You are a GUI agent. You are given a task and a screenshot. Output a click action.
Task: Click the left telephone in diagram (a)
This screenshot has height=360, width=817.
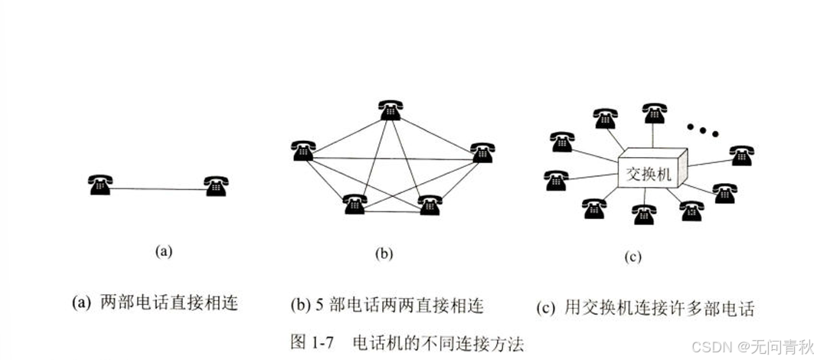(x=100, y=185)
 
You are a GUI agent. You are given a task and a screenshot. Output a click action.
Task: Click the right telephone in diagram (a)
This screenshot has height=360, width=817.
(x=216, y=185)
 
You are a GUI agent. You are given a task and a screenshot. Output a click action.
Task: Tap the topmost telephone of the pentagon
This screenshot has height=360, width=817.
(x=391, y=110)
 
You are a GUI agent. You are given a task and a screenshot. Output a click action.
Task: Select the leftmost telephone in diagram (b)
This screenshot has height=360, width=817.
(x=303, y=150)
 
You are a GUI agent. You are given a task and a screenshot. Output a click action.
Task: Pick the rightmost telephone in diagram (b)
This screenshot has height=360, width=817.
(x=482, y=152)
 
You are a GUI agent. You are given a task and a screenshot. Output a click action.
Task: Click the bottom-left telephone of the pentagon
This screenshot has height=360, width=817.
(x=355, y=204)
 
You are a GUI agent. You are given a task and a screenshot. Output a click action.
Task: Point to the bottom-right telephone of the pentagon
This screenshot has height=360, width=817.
(x=430, y=205)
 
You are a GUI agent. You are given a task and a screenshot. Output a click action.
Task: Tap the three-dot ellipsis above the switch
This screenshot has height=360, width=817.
(x=701, y=129)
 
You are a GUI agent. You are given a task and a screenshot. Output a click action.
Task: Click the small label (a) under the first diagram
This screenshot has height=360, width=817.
(x=162, y=250)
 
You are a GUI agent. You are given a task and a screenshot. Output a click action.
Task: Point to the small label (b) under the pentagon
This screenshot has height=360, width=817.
(x=384, y=254)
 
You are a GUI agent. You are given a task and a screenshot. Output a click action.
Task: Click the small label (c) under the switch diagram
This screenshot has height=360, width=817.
(x=632, y=257)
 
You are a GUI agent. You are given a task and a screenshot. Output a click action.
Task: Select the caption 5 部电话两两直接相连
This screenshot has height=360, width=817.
(x=387, y=306)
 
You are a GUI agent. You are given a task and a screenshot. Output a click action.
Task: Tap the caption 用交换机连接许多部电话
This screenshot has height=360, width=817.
(x=645, y=308)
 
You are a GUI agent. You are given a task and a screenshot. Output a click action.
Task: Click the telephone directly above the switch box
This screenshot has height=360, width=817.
(x=655, y=113)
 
